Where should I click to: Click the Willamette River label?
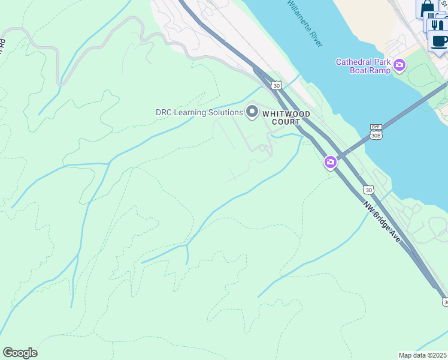click(x=305, y=25)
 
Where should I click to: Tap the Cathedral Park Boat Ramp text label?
click(x=363, y=66)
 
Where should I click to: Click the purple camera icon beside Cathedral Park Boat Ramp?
click(x=399, y=65)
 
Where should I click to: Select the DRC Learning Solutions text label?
click(x=199, y=112)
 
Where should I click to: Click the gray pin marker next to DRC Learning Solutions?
click(x=252, y=112)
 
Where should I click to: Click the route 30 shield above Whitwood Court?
click(x=276, y=86)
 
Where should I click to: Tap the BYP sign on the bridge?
click(x=376, y=127)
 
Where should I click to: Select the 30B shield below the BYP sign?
click(x=376, y=135)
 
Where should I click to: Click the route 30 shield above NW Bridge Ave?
click(x=368, y=190)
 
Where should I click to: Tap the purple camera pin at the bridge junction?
click(x=330, y=162)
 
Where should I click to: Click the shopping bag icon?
click(x=428, y=9)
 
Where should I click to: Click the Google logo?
click(x=20, y=353)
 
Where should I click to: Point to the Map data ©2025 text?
click(x=423, y=355)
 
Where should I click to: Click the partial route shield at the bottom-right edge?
click(x=444, y=303)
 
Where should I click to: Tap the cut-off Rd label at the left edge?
click(x=2, y=43)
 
